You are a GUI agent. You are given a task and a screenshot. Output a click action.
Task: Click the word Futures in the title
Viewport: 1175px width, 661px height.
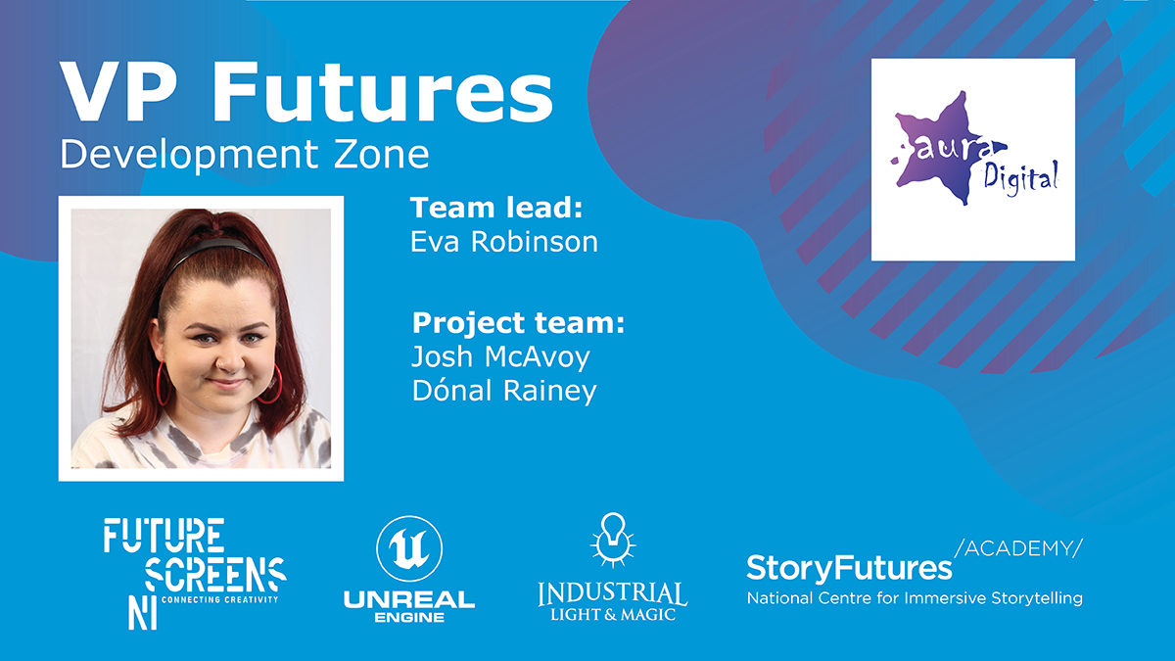pos(382,93)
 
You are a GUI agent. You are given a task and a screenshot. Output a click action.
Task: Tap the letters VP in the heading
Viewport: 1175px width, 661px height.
pos(117,93)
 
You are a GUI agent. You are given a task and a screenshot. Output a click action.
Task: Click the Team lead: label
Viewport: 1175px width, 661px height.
pos(496,208)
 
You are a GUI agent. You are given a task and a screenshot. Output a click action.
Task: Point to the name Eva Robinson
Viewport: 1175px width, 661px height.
pos(504,242)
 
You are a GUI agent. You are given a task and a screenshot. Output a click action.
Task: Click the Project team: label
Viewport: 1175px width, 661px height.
pos(518,322)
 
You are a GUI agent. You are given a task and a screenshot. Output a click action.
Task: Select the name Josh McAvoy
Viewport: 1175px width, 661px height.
pos(500,357)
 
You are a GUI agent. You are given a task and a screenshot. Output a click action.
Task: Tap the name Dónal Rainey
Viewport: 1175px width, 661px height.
pos(504,391)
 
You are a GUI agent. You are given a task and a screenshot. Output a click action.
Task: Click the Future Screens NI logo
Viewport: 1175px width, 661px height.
pos(195,574)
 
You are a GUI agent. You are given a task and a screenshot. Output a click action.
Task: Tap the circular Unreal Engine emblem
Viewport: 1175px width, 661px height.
pos(409,548)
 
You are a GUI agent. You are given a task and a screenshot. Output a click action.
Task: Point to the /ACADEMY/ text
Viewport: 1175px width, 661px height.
pos(1018,548)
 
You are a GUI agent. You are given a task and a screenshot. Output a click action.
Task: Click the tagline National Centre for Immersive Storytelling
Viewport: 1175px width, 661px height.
pos(915,598)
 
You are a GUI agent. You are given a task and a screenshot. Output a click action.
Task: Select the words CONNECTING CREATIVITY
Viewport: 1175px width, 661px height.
pos(219,599)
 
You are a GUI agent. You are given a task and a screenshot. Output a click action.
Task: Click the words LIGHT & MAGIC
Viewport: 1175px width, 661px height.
pos(612,614)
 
